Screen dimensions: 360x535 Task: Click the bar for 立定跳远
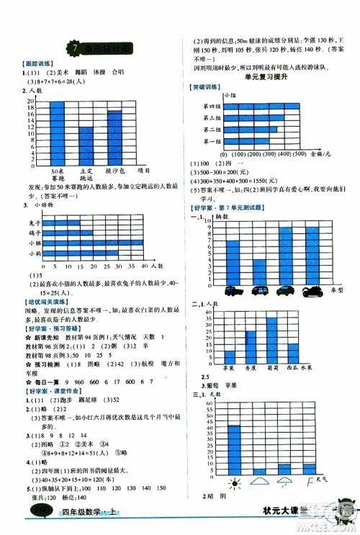click(86, 146)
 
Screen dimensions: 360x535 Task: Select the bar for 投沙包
click(114, 138)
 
